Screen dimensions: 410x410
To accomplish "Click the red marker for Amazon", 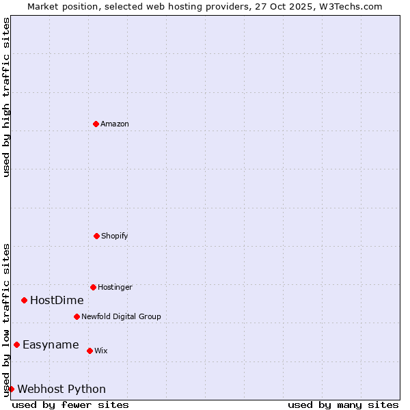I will [x=96, y=124].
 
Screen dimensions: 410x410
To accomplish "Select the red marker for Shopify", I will [x=96, y=236].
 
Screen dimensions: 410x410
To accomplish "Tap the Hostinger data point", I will [x=93, y=287].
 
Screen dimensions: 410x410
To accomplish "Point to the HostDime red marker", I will [x=24, y=300].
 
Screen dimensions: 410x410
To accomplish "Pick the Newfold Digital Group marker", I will [x=77, y=316].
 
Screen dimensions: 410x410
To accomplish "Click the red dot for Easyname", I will [x=16, y=344].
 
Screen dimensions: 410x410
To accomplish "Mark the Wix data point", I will [x=90, y=351].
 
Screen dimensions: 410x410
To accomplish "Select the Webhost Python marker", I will [x=11, y=389].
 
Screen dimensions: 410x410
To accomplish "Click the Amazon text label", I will [x=115, y=124].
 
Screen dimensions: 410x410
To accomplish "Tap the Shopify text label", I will [x=115, y=236].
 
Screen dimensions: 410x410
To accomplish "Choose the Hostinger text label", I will [x=115, y=288].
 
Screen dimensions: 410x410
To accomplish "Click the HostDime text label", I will [x=57, y=301].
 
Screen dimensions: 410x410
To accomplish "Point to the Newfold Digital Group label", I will [x=121, y=317].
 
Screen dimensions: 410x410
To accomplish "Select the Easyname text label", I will [x=51, y=345].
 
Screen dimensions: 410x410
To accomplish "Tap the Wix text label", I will [x=101, y=351].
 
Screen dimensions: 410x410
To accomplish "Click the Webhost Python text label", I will [x=61, y=389].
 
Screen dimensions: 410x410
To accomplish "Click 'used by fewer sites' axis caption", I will [x=70, y=405].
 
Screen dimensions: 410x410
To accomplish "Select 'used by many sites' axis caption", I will [x=343, y=405].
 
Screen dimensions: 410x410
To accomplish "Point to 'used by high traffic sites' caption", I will [x=6, y=97].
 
